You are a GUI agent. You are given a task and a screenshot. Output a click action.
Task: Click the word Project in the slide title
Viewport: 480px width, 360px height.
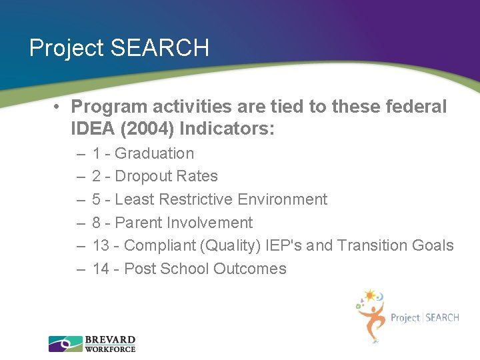tap(67, 48)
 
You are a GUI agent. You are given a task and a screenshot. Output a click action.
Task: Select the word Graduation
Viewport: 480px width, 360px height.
tap(154, 153)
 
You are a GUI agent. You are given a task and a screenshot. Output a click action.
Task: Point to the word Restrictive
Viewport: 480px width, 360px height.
tap(198, 199)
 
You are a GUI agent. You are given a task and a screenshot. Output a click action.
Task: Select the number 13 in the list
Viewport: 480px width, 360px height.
tap(101, 246)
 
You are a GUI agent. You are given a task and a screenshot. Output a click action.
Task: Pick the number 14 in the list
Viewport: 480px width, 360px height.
tap(101, 269)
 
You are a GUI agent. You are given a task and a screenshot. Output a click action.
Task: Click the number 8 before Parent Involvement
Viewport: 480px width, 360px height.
tap(97, 223)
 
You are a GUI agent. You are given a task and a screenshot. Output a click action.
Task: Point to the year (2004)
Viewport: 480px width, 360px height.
tap(151, 128)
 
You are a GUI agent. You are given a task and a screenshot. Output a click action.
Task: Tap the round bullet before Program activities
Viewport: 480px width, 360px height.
tap(59, 107)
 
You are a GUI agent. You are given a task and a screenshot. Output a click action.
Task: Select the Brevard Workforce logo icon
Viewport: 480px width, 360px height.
tap(65, 344)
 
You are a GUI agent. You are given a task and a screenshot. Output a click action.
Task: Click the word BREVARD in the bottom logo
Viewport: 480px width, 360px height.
tap(110, 340)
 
